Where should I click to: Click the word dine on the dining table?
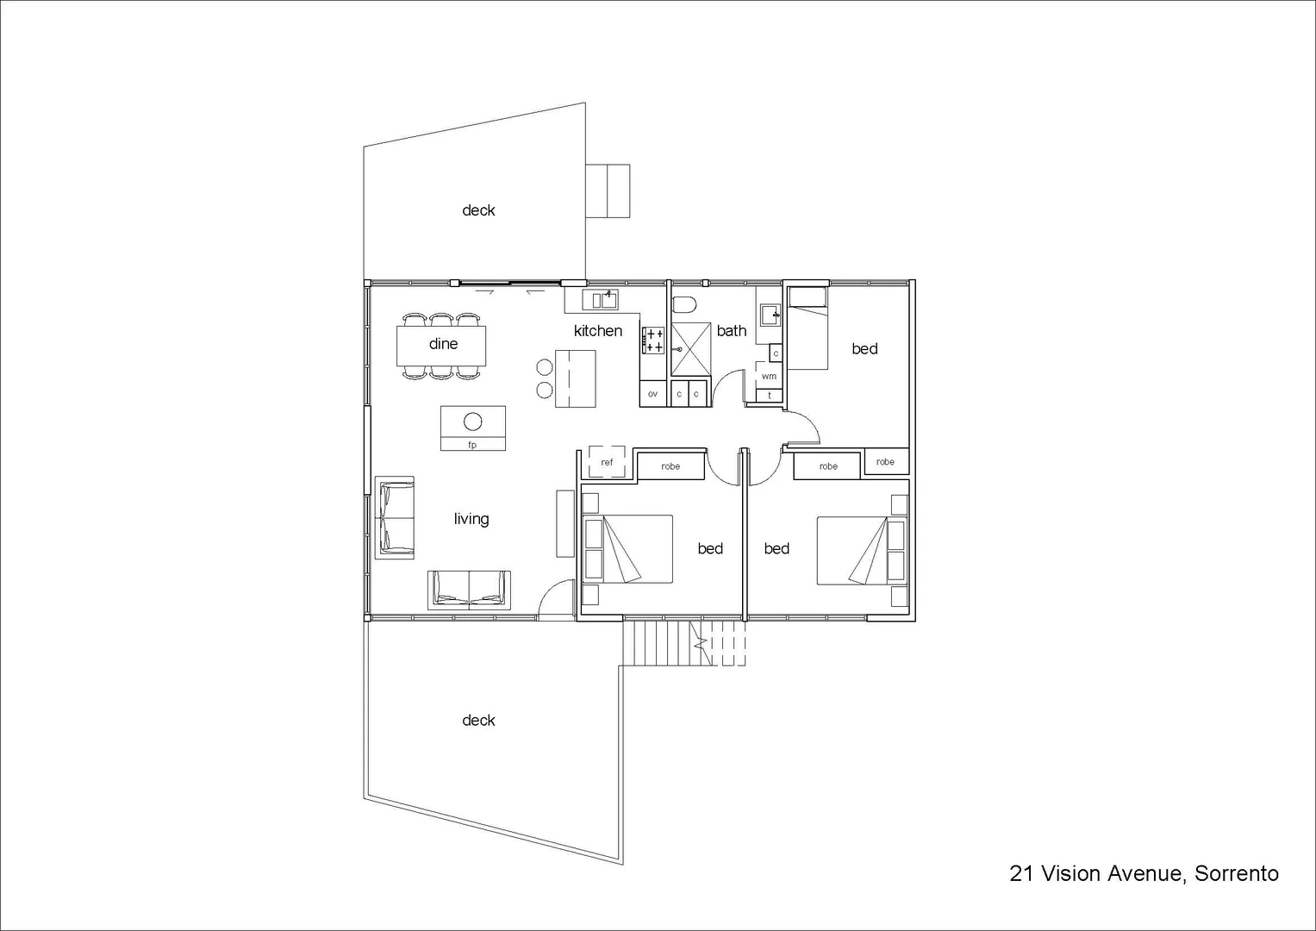(x=443, y=344)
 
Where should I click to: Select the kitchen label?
(x=597, y=331)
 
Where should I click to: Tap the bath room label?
(x=731, y=331)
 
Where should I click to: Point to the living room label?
(x=471, y=519)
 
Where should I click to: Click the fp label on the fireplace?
(x=472, y=445)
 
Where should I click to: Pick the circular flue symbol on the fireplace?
(x=472, y=422)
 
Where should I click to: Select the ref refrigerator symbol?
(x=607, y=462)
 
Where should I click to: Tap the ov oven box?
(x=652, y=394)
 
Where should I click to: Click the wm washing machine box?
(x=769, y=376)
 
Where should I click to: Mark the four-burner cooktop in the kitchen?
(x=653, y=341)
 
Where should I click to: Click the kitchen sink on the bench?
(x=601, y=299)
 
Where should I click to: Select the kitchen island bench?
(x=576, y=378)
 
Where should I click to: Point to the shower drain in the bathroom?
(x=680, y=350)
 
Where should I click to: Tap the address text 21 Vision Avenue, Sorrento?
(x=1144, y=873)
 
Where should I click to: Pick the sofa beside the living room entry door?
(x=469, y=590)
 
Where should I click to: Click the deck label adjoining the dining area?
(x=478, y=210)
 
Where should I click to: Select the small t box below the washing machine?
(x=769, y=396)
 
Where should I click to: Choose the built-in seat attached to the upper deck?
(x=608, y=191)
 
